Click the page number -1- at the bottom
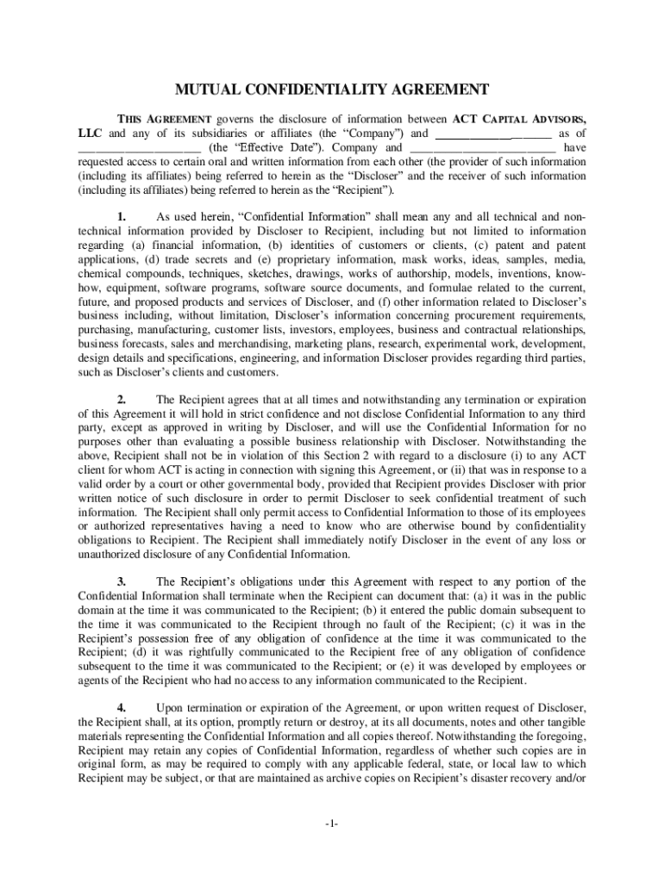tap(332, 824)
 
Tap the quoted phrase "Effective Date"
tap(266, 146)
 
